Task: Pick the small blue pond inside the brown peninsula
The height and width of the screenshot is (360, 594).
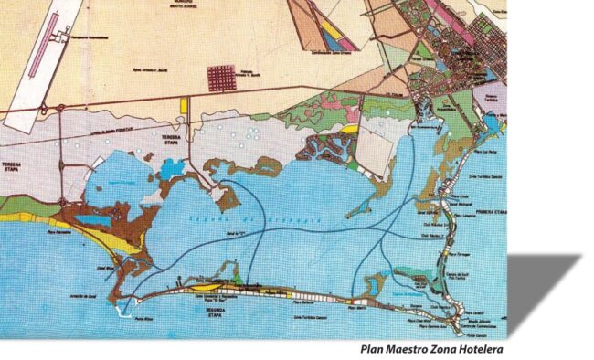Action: pyautogui.click(x=93, y=222)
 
